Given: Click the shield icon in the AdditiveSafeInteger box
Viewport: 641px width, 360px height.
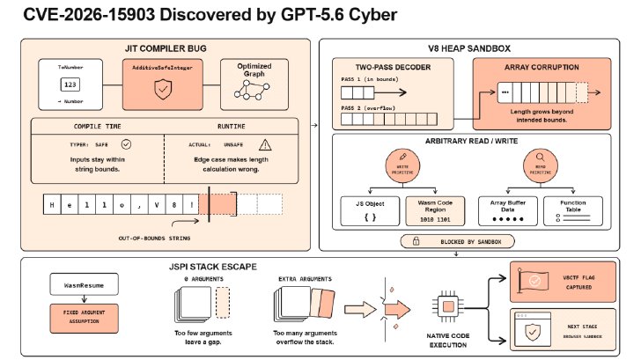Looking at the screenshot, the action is click(163, 90).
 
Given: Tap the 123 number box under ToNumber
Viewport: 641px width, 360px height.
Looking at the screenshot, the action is click(70, 84).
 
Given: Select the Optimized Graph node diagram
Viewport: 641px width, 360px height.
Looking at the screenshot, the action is click(252, 90).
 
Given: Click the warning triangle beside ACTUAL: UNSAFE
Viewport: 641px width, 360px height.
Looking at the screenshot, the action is click(265, 144).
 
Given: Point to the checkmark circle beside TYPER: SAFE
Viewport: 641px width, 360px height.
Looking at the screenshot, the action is click(126, 144).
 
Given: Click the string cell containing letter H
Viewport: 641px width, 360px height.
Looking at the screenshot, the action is click(52, 205).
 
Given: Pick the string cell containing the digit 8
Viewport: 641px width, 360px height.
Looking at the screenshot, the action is click(174, 205).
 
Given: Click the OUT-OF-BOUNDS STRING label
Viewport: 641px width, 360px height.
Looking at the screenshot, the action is click(154, 238).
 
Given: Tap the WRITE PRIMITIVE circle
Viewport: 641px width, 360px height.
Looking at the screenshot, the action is click(402, 165).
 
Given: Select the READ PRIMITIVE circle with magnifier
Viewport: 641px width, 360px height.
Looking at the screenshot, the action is click(541, 165).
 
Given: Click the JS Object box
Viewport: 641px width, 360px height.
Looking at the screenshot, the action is click(370, 211).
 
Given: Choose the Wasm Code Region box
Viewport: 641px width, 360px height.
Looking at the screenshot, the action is click(435, 211).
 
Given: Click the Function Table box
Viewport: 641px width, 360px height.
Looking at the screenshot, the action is click(572, 211).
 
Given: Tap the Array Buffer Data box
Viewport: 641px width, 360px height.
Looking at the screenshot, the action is click(508, 211).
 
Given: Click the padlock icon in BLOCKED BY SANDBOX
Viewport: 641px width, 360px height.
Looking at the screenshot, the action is click(416, 241).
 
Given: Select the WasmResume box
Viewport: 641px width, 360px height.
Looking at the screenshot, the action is click(85, 284).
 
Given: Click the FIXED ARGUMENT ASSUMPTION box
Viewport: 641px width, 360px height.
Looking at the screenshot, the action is click(85, 318).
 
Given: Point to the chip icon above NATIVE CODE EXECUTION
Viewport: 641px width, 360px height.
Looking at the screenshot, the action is click(448, 306).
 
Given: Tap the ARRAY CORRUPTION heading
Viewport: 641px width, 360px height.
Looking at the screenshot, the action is click(542, 67).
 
